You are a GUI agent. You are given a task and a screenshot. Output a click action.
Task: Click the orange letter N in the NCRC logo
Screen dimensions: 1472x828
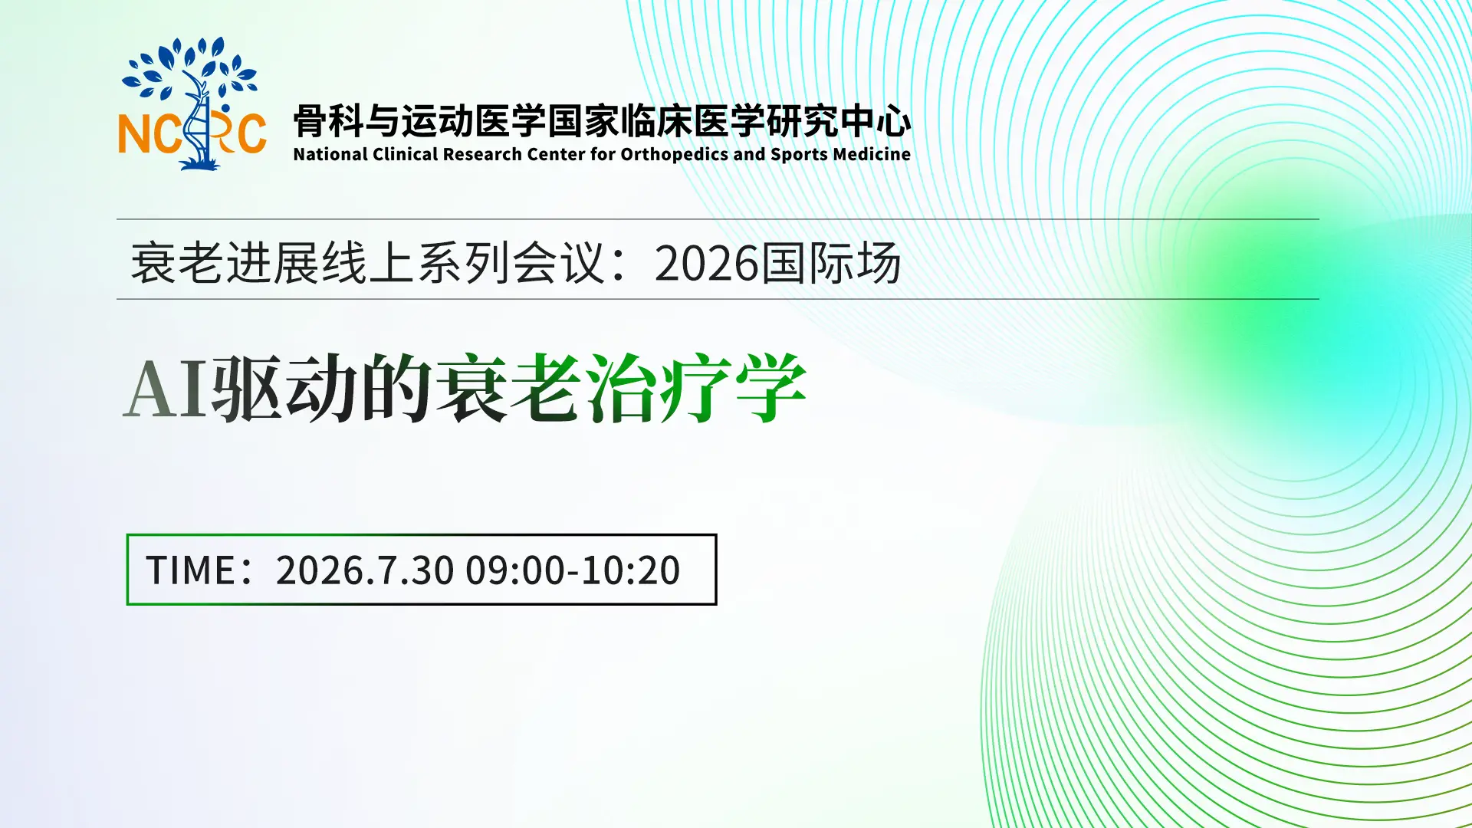point(134,134)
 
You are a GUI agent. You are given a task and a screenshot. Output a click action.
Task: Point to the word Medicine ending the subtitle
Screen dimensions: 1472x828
point(872,154)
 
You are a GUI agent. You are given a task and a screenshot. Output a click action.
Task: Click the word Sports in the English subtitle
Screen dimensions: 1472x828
point(799,155)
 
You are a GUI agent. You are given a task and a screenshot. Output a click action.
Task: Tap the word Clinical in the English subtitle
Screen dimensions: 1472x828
point(405,154)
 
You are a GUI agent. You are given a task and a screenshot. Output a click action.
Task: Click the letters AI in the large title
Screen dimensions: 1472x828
point(166,389)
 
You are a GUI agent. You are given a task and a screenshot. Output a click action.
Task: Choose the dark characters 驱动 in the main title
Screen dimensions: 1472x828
point(284,388)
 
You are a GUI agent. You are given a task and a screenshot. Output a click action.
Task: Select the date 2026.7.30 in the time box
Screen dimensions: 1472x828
point(365,570)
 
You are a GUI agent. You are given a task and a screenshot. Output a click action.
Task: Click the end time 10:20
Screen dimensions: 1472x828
point(630,570)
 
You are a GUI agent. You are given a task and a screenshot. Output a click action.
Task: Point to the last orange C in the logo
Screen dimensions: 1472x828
point(251,134)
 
